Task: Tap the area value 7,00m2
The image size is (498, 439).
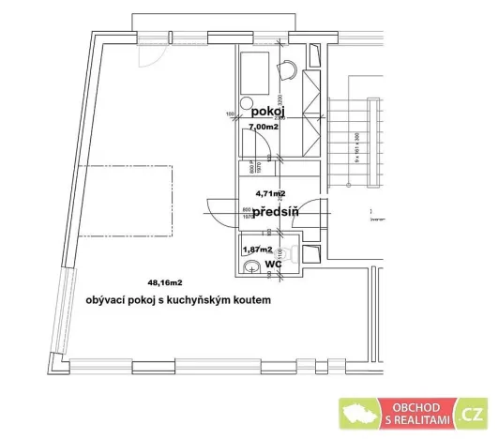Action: (264, 127)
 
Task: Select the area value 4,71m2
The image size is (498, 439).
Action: (270, 193)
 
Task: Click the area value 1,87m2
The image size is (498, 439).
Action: (257, 250)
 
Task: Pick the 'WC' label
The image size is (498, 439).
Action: (273, 265)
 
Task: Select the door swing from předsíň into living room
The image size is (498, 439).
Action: (218, 213)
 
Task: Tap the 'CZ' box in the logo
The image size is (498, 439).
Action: (473, 414)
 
